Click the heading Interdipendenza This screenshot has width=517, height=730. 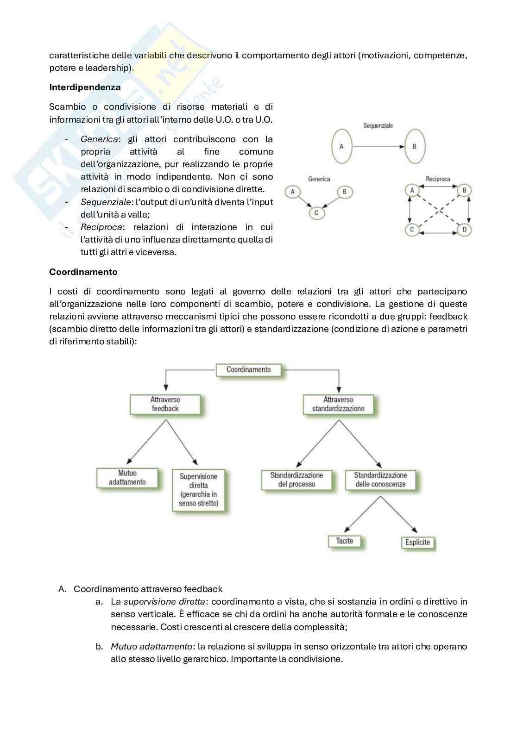click(85, 87)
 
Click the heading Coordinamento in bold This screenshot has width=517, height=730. click(83, 272)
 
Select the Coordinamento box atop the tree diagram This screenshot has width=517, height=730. click(248, 370)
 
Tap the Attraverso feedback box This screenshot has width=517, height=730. click(165, 404)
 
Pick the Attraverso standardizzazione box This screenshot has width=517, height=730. click(338, 404)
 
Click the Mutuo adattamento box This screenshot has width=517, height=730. click(127, 478)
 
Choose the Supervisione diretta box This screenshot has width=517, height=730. click(198, 490)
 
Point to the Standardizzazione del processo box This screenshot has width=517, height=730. click(296, 480)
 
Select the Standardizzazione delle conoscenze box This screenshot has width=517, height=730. click(380, 480)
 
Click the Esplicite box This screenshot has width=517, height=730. click(417, 542)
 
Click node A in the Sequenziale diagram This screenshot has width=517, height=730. click(341, 147)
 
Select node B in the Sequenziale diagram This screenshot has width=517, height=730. click(414, 147)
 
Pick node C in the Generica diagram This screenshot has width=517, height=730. click(316, 213)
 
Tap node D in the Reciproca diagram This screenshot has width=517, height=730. click(464, 230)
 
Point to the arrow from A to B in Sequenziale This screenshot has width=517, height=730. click(378, 147)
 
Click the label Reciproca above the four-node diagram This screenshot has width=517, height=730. click(438, 179)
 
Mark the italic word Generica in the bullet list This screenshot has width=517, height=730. click(100, 139)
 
